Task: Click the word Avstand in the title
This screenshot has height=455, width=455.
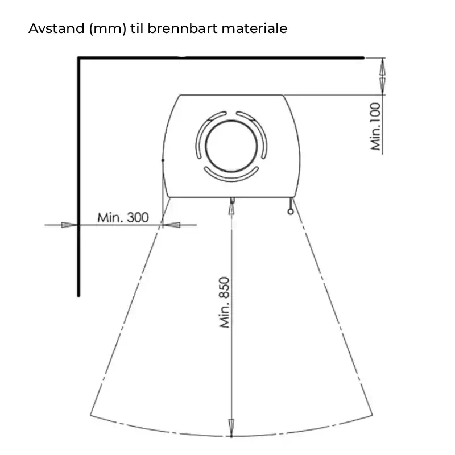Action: click(56, 28)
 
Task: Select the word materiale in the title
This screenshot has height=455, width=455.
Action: click(254, 28)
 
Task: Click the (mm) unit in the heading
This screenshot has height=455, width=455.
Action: click(107, 29)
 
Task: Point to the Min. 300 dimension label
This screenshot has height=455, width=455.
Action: click(123, 217)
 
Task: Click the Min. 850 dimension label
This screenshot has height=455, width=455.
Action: click(225, 303)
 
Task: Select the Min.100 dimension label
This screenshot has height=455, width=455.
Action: click(375, 126)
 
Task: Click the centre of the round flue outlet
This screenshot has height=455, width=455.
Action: click(231, 146)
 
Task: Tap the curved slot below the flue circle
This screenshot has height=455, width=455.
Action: click(231, 174)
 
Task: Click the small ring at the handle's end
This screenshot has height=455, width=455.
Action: click(291, 212)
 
